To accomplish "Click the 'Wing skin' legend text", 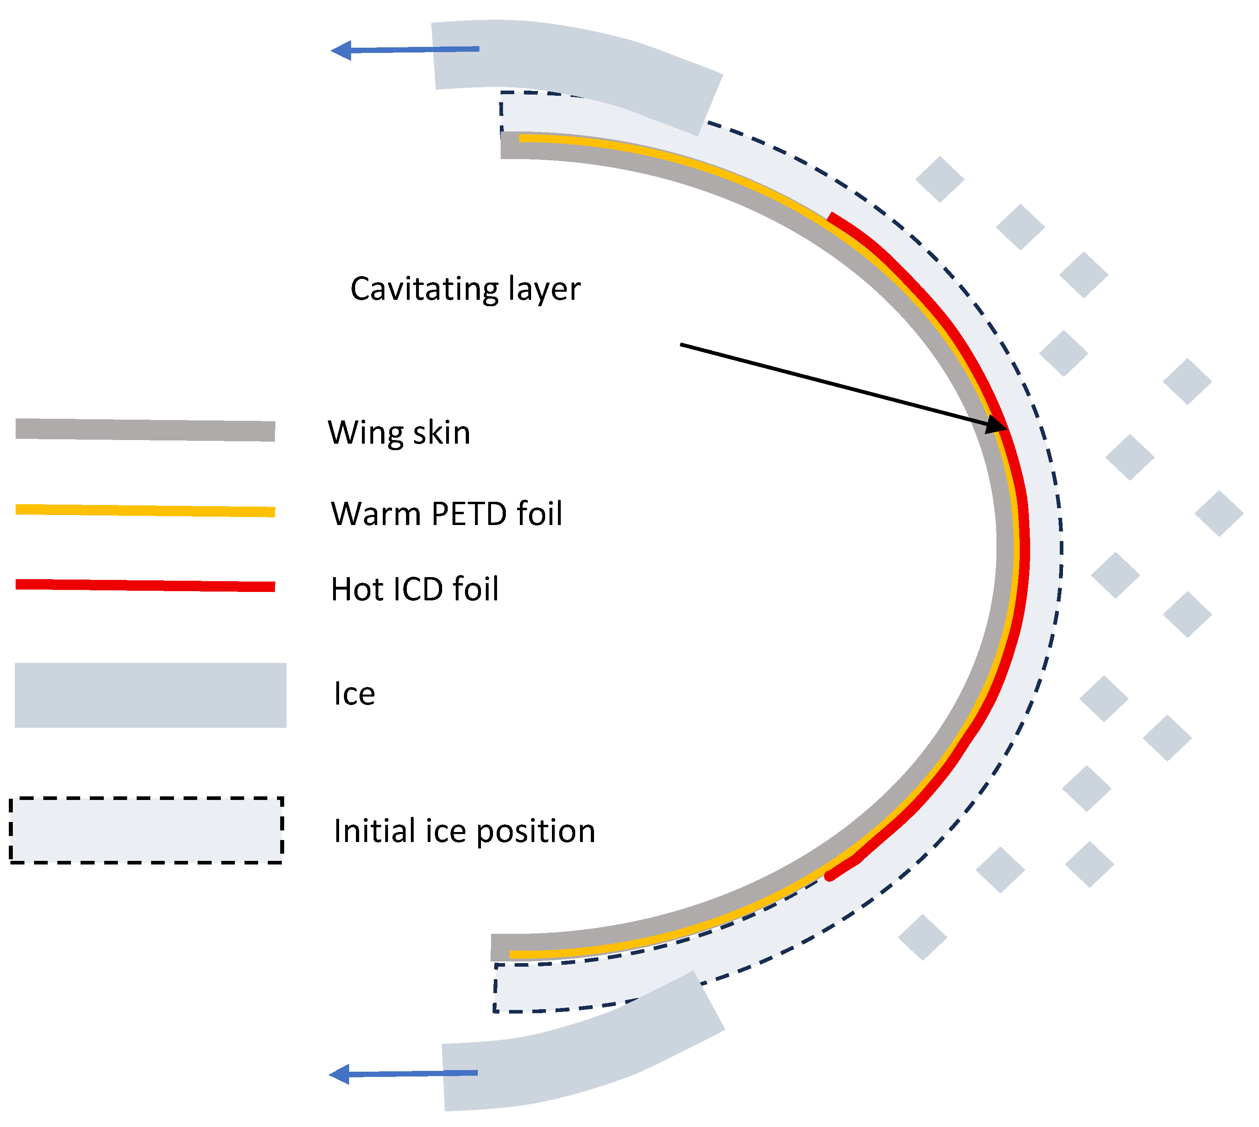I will pyautogui.click(x=399, y=432).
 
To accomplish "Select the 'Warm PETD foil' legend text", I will pyautogui.click(x=446, y=513).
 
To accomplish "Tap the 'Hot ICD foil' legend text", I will pyautogui.click(x=414, y=588).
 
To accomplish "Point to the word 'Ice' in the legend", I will pyautogui.click(x=354, y=693).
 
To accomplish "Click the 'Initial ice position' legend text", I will pyautogui.click(x=464, y=831).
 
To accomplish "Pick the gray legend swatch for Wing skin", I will pyautogui.click(x=145, y=430).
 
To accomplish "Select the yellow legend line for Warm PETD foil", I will pyautogui.click(x=145, y=510).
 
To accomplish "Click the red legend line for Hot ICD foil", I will pyautogui.click(x=145, y=585).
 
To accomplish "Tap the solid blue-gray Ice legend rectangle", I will pyautogui.click(x=150, y=695).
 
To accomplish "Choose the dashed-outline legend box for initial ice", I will pyautogui.click(x=146, y=830).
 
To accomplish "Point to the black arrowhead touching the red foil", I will pyautogui.click(x=996, y=425).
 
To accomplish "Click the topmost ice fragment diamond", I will pyautogui.click(x=940, y=179).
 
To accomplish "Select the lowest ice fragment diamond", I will pyautogui.click(x=922, y=937).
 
